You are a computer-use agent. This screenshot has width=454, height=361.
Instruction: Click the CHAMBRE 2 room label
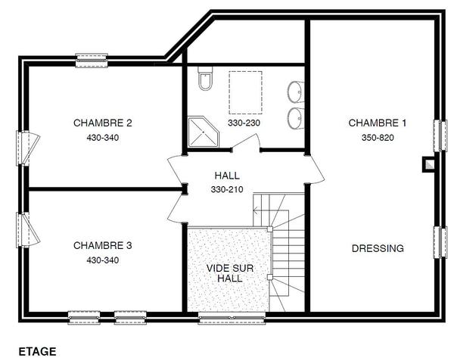pos(103,123)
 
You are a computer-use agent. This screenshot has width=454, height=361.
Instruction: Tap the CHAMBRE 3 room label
pos(103,245)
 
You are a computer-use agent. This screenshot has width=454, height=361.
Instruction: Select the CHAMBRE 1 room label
pos(378,123)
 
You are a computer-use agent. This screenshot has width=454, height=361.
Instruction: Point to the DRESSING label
pos(378,248)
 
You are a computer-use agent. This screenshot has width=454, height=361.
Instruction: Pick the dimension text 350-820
pos(378,138)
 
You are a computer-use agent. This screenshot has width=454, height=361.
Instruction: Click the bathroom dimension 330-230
pos(244,123)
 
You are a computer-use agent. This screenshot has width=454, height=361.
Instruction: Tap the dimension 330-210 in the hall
pos(227,190)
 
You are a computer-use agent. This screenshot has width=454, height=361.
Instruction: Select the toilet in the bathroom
pos(205,78)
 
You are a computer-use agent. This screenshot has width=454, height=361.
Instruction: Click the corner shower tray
pos(204,132)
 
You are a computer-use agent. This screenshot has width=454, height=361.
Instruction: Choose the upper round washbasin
pos(296,92)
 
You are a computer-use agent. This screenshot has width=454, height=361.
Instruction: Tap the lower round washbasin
pos(296,118)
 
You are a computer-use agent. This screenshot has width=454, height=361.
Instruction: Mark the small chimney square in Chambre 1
pos(428,164)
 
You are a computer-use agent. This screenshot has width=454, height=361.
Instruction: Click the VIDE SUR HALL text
pos(230,273)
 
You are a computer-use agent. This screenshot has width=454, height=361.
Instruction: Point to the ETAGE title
pos(37,351)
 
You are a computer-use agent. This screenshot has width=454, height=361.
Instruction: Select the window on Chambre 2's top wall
pos(92,61)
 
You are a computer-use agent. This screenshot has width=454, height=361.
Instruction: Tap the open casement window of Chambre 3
pos(27,230)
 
